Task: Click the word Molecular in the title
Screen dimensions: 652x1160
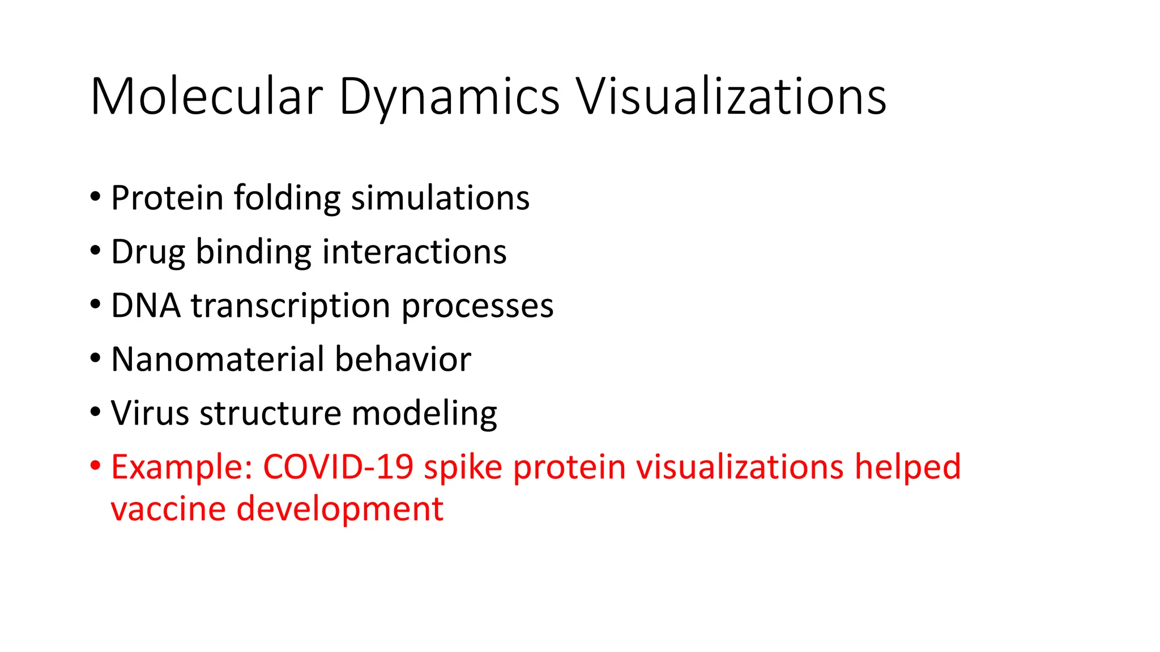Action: [x=206, y=97]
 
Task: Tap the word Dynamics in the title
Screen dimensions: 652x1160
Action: [x=449, y=97]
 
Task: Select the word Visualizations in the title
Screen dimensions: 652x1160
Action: [x=731, y=97]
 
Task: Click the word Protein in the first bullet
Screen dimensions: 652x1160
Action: [x=167, y=198]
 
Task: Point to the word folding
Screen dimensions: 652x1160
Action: [x=287, y=198]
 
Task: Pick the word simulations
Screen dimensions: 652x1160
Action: [x=440, y=198]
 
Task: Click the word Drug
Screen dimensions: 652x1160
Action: [x=148, y=252]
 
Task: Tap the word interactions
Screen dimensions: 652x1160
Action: [x=414, y=252]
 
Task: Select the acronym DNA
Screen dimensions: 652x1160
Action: [x=146, y=306]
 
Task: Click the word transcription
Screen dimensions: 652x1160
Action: [x=291, y=306]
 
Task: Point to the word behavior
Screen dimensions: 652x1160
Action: [x=403, y=359]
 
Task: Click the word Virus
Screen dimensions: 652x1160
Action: [x=150, y=413]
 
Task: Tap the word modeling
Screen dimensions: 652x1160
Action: [x=424, y=413]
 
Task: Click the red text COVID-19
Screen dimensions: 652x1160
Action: [x=338, y=467]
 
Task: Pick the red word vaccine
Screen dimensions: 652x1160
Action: [x=168, y=509]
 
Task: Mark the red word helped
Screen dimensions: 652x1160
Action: [x=907, y=467]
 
